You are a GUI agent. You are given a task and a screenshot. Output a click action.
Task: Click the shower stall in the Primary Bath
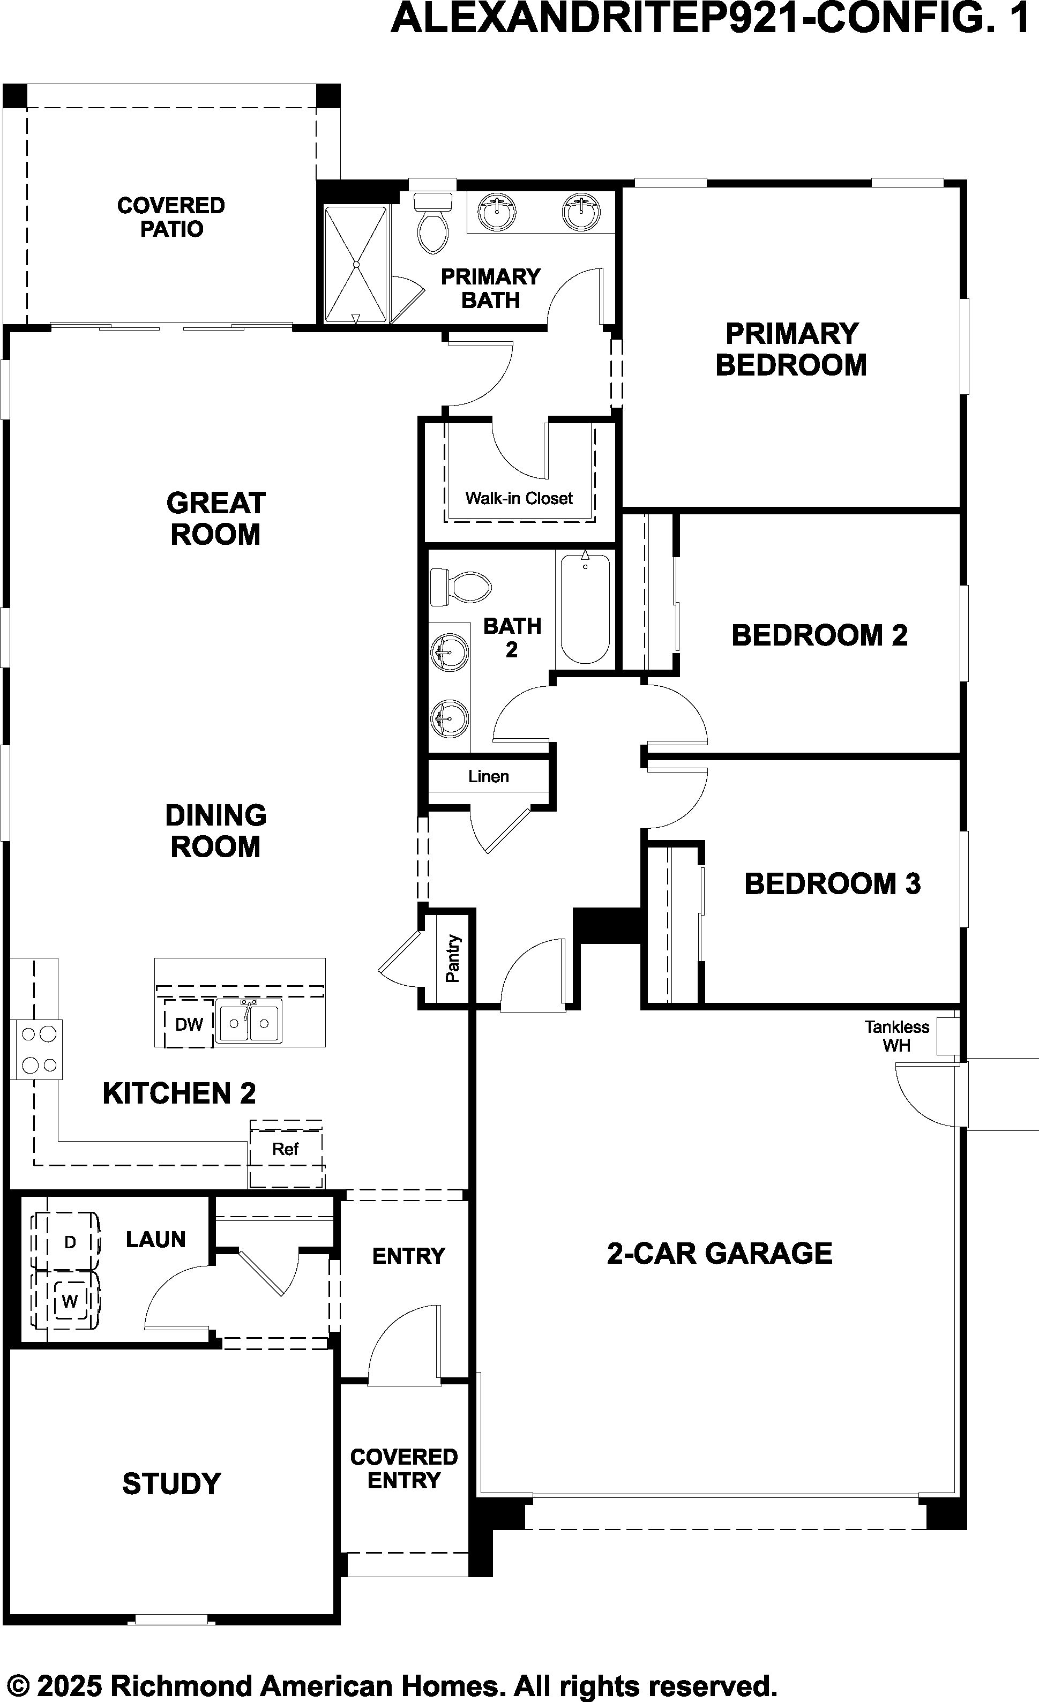coord(356,265)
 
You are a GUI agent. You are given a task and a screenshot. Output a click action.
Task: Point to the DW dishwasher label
coord(189,1024)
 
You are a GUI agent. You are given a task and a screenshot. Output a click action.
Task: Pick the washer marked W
coord(69,1302)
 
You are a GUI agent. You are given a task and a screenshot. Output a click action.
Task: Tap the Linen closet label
coord(488,776)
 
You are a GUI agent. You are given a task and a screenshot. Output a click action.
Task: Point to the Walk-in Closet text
coord(519,498)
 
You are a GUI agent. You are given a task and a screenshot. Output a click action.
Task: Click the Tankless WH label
coord(896,1036)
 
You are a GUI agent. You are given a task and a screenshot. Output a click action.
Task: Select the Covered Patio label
coord(171,217)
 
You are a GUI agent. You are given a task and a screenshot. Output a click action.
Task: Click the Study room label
coord(171,1484)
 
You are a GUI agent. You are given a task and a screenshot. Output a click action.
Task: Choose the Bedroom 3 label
coord(833,883)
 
